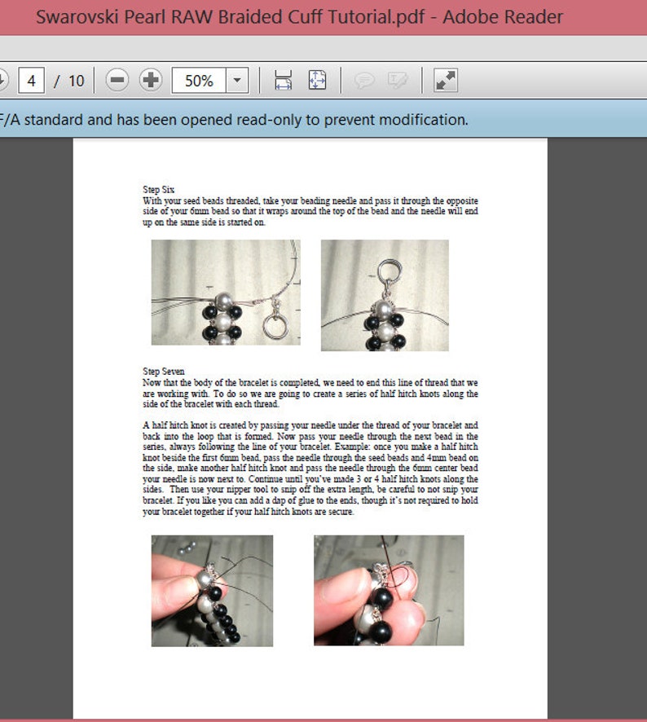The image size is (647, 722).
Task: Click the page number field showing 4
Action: click(x=31, y=81)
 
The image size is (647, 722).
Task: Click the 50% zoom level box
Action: click(x=199, y=81)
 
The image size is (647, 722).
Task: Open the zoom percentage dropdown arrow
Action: click(x=237, y=81)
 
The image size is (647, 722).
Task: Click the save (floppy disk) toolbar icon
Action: click(x=283, y=81)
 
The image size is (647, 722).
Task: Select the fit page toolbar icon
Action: click(x=317, y=81)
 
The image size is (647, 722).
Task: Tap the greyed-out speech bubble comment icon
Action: click(x=364, y=81)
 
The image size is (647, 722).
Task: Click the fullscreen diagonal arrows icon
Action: click(x=446, y=81)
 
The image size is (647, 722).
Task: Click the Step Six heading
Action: click(x=158, y=189)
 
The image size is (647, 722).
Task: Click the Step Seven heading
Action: click(x=163, y=372)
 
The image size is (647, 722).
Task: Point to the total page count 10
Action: click(x=76, y=81)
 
